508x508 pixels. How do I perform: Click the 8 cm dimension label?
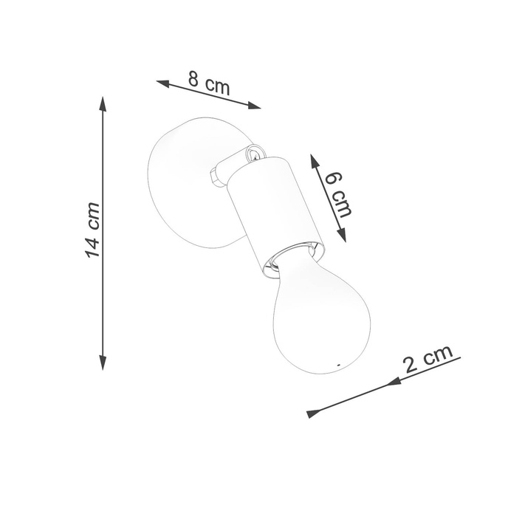[209, 83]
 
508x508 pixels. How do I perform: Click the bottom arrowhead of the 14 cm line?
[103, 363]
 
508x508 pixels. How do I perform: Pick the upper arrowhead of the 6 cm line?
[313, 159]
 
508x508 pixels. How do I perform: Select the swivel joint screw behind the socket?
[252, 154]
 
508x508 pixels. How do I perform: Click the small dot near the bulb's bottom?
[338, 365]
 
